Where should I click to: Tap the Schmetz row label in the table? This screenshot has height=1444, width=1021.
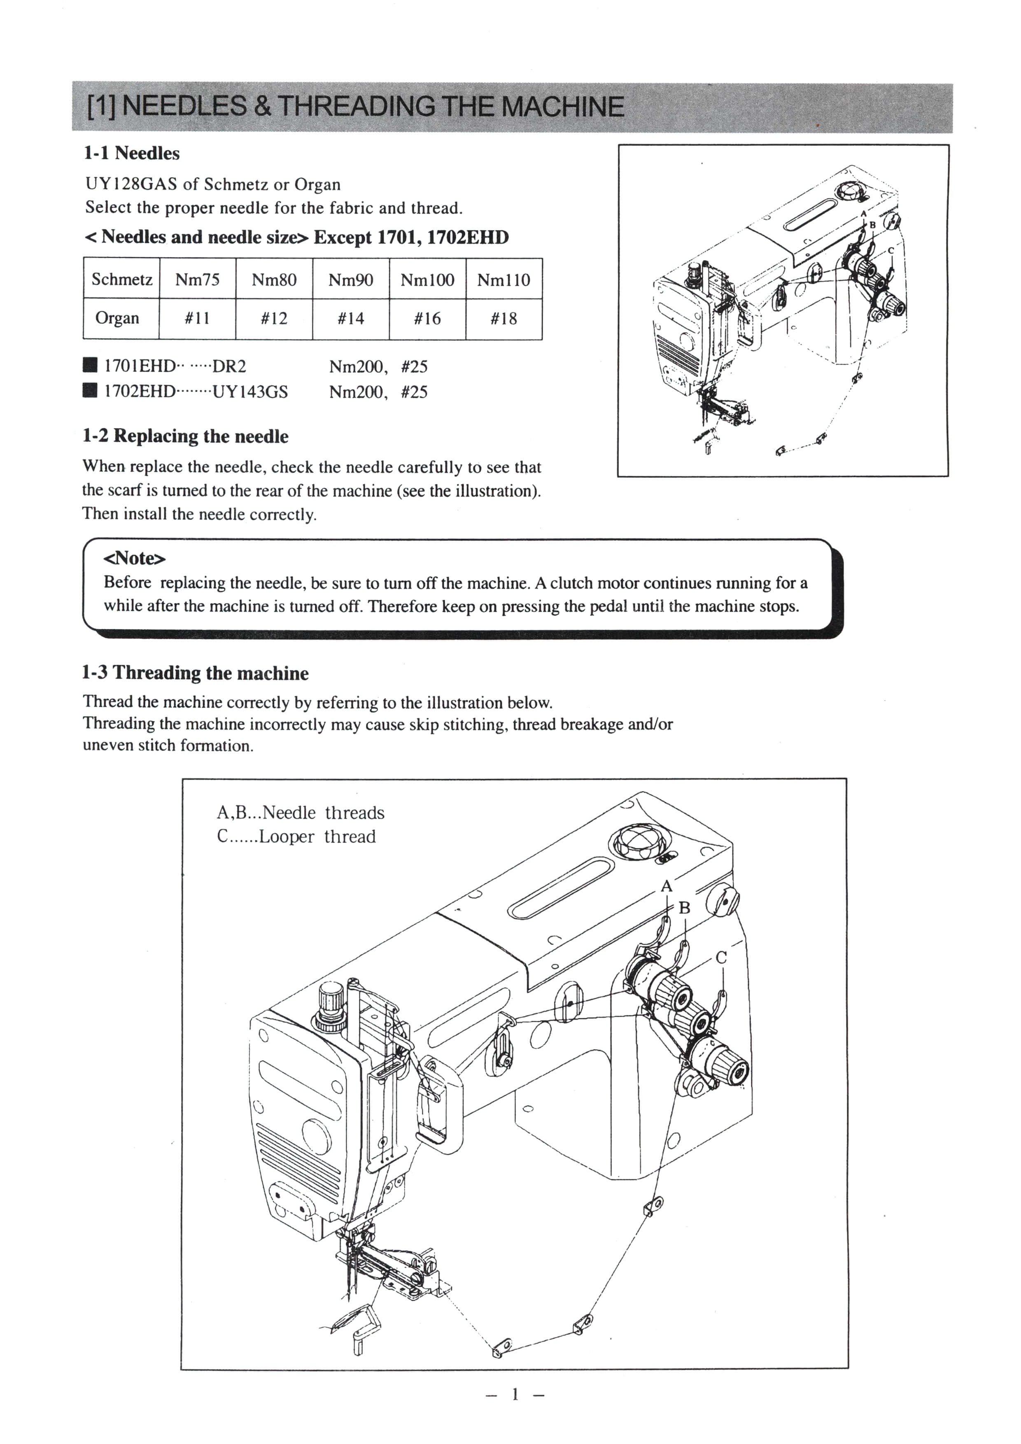pyautogui.click(x=121, y=279)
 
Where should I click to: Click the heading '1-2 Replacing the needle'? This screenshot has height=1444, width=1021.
pyautogui.click(x=186, y=436)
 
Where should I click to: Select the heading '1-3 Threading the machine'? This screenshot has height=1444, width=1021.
pyautogui.click(x=195, y=673)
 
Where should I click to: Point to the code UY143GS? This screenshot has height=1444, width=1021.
pyautogui.click(x=250, y=392)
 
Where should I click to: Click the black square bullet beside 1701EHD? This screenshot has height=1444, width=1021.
pyautogui.click(x=91, y=366)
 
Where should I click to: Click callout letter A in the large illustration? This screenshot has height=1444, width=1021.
pyautogui.click(x=667, y=886)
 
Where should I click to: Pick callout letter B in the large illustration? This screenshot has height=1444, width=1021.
pyautogui.click(x=685, y=908)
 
